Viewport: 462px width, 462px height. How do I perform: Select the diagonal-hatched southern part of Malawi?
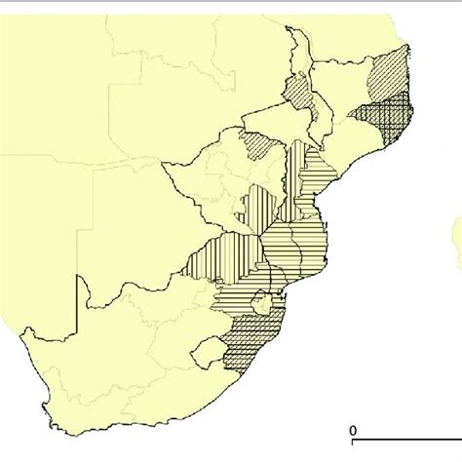(298, 93)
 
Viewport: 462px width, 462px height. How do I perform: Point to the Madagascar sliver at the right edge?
(456, 234)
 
